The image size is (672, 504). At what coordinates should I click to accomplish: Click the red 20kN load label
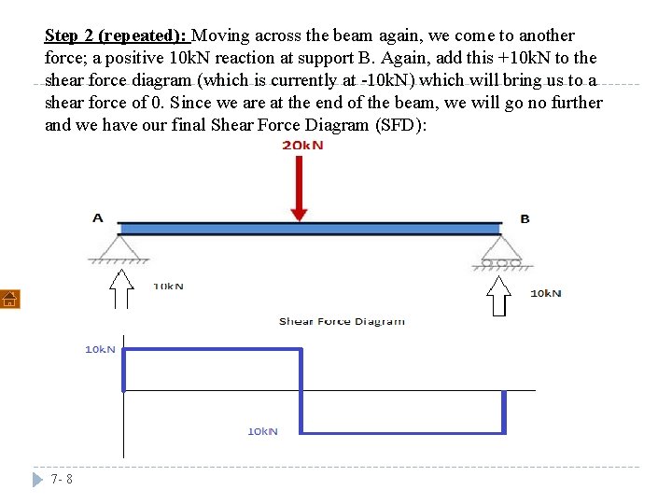coord(302,146)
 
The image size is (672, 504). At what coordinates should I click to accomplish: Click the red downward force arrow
coord(299,188)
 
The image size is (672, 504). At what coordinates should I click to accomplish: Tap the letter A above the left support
coord(98,218)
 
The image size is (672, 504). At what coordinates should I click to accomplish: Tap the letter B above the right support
coord(525,219)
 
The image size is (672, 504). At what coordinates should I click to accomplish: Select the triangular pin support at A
coord(119,247)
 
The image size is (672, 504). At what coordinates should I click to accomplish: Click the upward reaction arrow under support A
coord(120,288)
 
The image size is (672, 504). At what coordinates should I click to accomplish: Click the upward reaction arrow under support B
coord(500,296)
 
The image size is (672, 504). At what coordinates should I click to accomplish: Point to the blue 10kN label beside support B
coord(546,293)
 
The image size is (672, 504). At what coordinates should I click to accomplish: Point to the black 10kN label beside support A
coord(168,286)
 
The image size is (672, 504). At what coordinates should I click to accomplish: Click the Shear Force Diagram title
coord(342,321)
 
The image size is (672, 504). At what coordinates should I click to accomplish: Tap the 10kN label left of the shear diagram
coord(101,349)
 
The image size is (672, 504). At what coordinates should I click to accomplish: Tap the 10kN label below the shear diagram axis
coord(262,431)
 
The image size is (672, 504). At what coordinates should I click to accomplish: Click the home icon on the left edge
coord(9,299)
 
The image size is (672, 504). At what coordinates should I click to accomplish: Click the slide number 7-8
coord(63,479)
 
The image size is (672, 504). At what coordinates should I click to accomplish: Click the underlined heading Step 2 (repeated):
coord(118,35)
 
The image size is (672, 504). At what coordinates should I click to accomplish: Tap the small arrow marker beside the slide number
coord(37,480)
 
